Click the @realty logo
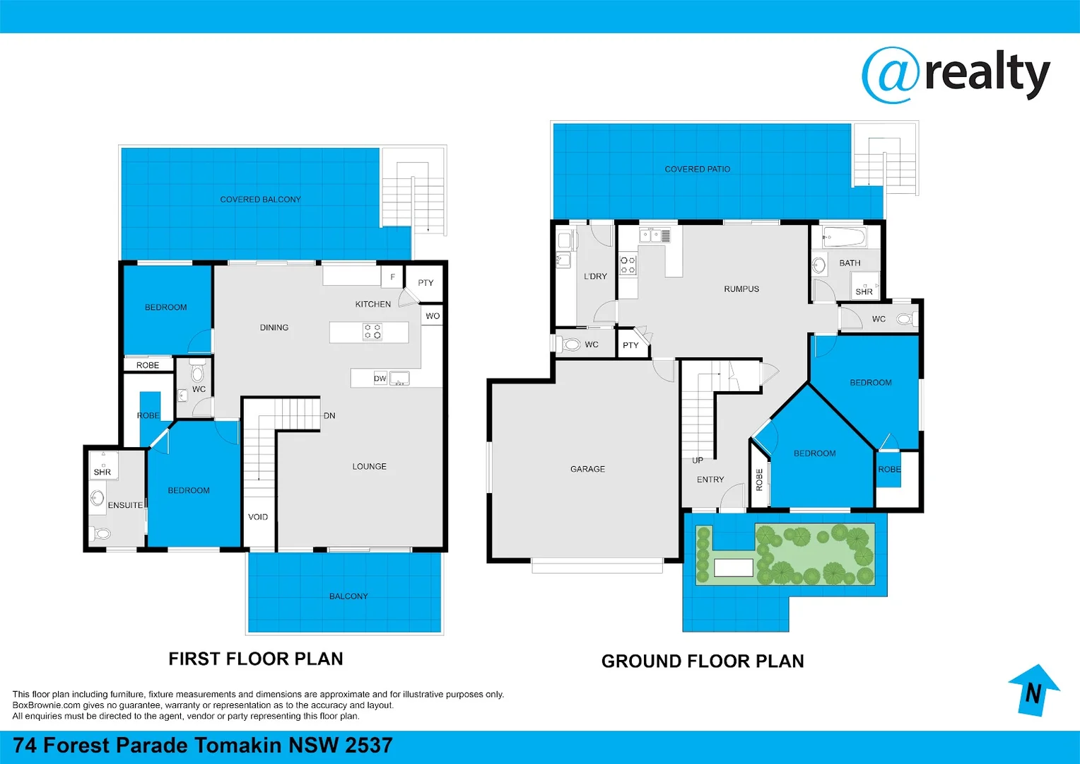coord(956,75)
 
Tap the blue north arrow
coord(1033,690)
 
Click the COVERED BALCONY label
coord(260,199)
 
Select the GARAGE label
coord(587,469)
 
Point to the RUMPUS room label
coord(741,289)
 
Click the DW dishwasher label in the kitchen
coord(380,378)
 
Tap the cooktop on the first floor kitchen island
coord(372,331)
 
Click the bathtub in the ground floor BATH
coord(844,236)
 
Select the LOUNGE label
coord(369,467)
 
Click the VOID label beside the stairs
coord(258,517)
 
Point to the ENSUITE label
coord(125,505)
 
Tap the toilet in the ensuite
coord(100,533)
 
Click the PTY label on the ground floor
coord(630,346)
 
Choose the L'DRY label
coord(595,277)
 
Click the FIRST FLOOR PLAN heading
coord(255,659)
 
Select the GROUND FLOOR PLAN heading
coord(703,661)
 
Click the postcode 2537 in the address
coord(368,746)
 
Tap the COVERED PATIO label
coord(697,169)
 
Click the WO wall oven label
coord(433,316)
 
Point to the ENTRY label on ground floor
coord(710,480)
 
